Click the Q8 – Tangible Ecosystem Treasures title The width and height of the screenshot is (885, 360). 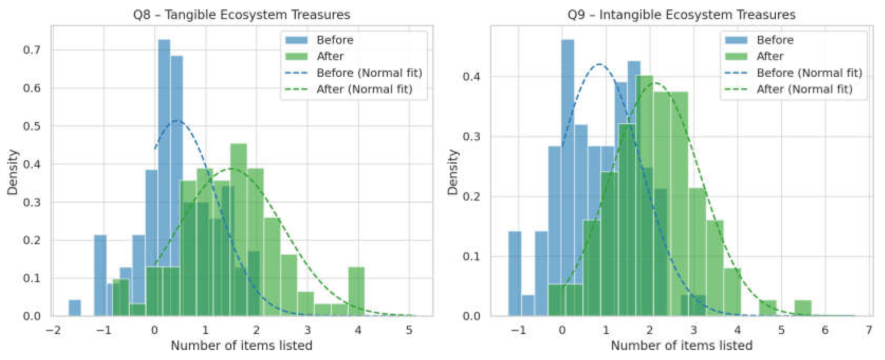tap(241, 15)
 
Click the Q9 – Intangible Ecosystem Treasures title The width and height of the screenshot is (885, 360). tap(681, 15)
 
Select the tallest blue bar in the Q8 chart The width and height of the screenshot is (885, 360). tap(164, 172)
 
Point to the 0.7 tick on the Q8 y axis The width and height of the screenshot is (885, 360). tap(32, 50)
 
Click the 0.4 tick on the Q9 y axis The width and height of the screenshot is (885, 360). tap(471, 76)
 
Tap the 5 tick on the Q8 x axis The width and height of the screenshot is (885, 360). tap(409, 330)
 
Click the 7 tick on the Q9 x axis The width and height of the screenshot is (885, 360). tap(869, 330)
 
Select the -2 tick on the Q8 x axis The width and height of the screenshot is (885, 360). tap(53, 330)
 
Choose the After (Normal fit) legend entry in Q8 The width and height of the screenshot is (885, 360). tap(364, 89)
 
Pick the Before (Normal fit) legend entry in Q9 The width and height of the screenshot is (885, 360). tap(809, 73)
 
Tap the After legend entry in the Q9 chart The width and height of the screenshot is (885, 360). tap(770, 56)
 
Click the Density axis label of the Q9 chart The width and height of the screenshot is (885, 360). tap(453, 172)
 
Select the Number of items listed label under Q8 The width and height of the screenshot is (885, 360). tap(241, 345)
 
